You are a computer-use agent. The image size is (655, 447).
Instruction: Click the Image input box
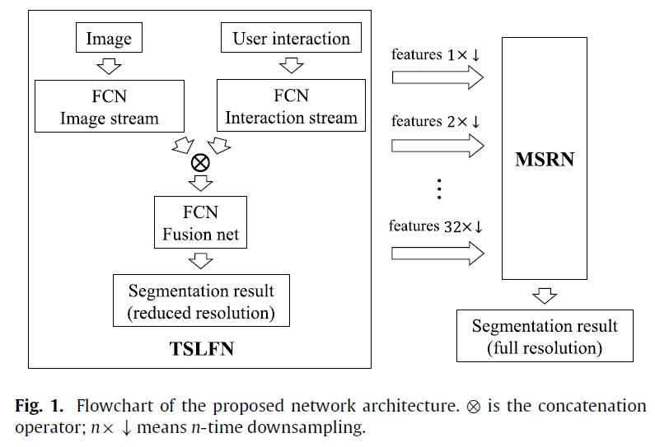(x=109, y=38)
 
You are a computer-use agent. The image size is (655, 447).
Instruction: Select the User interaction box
(x=291, y=38)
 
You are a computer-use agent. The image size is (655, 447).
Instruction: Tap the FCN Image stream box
(x=109, y=106)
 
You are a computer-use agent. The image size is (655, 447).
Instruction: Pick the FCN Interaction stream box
(x=291, y=106)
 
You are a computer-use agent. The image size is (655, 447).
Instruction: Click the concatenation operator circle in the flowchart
(x=199, y=162)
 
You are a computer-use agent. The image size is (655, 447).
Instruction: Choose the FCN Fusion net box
(x=200, y=224)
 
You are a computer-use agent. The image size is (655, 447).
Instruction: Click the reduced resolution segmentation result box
(x=201, y=301)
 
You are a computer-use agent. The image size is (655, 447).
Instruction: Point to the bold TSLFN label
(x=202, y=348)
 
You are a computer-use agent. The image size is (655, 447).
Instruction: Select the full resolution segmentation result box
(x=545, y=337)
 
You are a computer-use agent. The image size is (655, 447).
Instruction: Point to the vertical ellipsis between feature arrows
(x=439, y=190)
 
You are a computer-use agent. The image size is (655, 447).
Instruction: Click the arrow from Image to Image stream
(x=109, y=65)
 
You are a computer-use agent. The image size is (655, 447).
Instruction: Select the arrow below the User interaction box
(x=291, y=65)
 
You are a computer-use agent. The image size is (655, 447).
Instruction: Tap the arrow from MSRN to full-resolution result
(x=545, y=295)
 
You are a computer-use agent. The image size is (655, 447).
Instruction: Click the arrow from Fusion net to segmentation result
(x=200, y=261)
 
